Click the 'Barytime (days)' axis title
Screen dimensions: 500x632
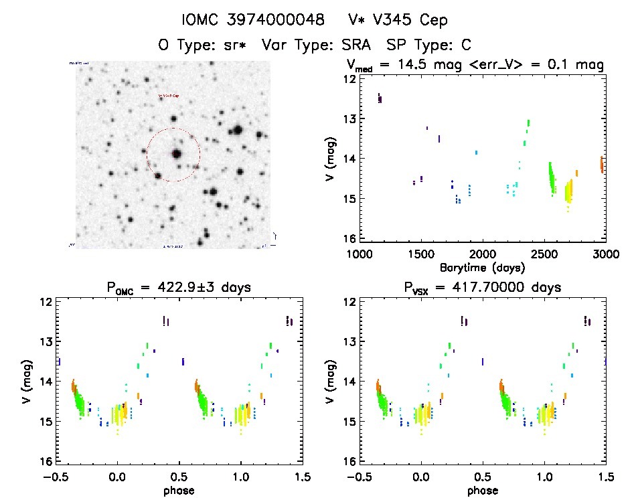coord(482,267)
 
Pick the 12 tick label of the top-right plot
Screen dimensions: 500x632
coord(347,79)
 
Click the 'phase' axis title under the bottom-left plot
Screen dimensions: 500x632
coord(178,490)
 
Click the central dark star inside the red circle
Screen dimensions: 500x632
coord(176,154)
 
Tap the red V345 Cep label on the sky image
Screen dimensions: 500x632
coord(168,96)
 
